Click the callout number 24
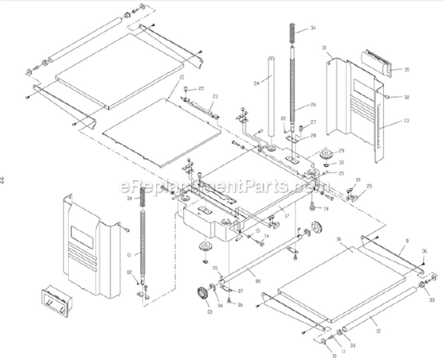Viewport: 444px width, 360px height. (257, 84)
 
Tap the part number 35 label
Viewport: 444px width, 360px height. (407, 70)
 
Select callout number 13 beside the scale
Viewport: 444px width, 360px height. (407, 120)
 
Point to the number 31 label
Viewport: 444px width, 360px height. (324, 48)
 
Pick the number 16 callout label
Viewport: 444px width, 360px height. (339, 239)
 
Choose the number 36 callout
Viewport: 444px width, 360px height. (424, 251)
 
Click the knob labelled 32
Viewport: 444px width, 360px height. (388, 96)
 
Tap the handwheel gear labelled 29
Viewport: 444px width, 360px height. (328, 155)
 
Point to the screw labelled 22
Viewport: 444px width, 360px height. (185, 88)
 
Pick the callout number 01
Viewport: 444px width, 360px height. (129, 255)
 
